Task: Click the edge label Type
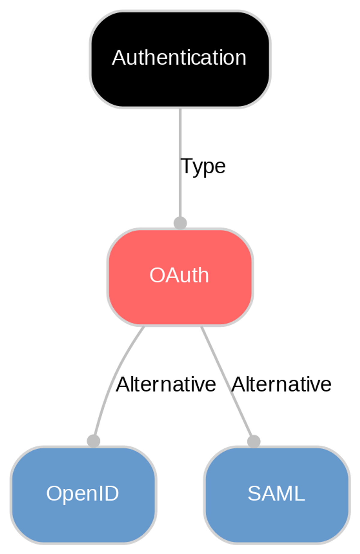tap(203, 166)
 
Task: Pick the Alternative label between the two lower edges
tap(166, 384)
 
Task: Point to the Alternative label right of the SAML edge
tap(281, 384)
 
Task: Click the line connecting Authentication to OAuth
tap(180, 135)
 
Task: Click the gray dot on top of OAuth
tap(180, 223)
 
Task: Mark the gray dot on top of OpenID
tap(93, 441)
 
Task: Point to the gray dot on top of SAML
tap(254, 441)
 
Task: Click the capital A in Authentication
tap(118, 57)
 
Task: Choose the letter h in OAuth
tap(203, 275)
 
